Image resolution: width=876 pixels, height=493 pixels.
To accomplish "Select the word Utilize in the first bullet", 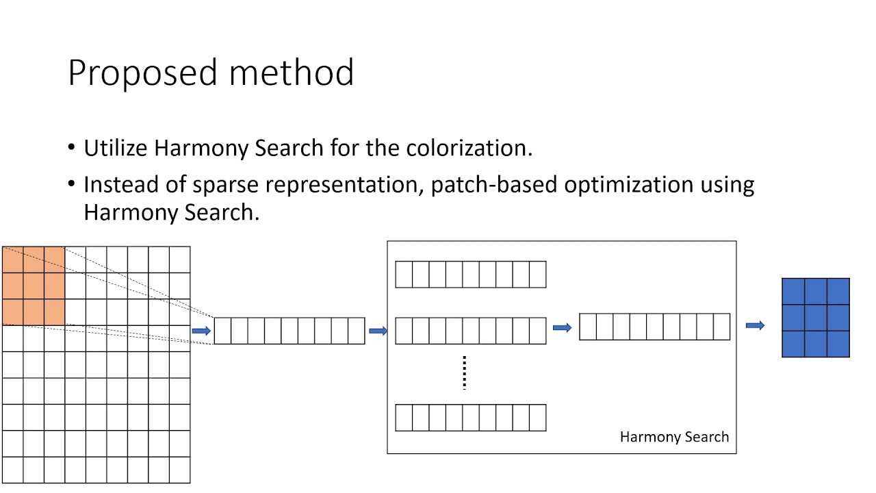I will pos(116,148).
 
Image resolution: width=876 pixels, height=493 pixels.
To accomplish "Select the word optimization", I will pos(629,185).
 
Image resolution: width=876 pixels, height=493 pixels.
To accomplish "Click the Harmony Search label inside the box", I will pos(674,437).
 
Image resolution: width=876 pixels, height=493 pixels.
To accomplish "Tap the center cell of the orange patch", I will pos(34,286).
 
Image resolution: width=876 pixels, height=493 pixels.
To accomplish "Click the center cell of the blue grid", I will pos(816,318).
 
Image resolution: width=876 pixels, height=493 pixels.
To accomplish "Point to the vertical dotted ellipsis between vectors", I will pos(465,372).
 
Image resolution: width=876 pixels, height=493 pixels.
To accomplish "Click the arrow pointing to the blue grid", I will pos(755,326).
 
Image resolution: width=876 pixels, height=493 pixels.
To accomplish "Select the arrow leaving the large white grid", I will pos(201,331).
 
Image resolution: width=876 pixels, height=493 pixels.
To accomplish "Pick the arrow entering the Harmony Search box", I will pos(378,331).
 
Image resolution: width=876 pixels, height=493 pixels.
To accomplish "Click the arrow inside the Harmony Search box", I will pos(562,328).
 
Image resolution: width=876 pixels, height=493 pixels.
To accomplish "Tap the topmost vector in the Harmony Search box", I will pos(471,275).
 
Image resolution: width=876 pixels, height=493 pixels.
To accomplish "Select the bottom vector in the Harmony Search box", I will pos(471,418).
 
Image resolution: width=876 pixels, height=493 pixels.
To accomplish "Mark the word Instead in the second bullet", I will pos(116,185).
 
